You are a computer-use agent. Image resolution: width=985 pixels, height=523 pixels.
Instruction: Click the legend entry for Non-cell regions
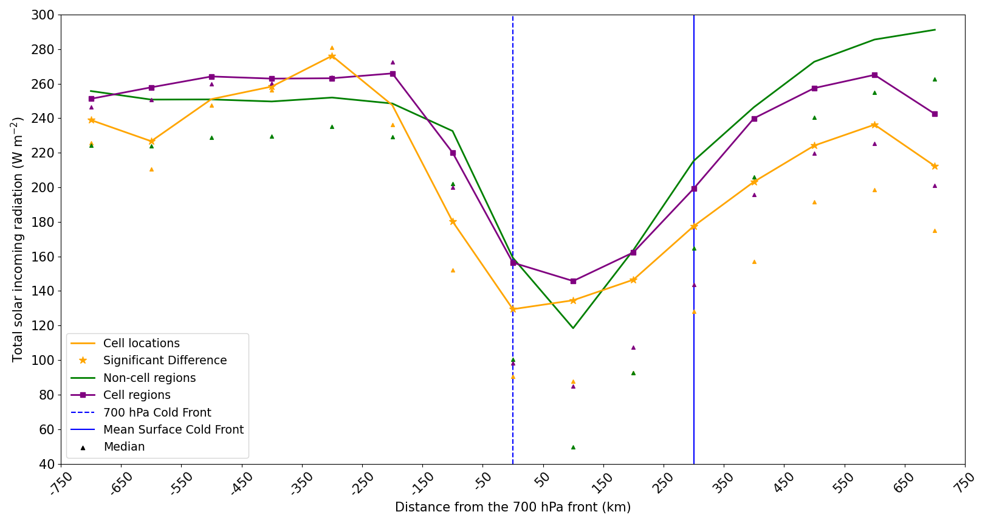(149, 378)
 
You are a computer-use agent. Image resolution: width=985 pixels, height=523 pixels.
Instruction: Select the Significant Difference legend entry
(165, 361)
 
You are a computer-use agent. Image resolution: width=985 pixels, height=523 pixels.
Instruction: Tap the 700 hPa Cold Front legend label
(157, 413)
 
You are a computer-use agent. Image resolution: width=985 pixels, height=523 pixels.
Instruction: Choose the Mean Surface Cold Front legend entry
(173, 430)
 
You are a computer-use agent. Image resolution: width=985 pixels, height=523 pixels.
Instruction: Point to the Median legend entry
(124, 447)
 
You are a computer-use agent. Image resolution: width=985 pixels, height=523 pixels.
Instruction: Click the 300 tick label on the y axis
(44, 15)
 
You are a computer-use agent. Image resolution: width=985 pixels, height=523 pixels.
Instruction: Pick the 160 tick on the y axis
(44, 257)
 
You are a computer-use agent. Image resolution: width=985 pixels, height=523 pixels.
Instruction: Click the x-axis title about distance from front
(513, 507)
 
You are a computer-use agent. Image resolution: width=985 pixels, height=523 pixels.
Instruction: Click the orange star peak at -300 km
(332, 57)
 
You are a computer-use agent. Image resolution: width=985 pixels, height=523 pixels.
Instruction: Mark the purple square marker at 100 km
(573, 281)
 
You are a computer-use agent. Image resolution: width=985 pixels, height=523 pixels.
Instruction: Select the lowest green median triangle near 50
(573, 447)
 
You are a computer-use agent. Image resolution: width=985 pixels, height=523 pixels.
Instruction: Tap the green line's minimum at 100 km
(573, 328)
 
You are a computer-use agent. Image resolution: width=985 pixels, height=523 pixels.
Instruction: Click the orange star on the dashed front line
(513, 309)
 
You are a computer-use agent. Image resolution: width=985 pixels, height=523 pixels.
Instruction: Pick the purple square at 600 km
(874, 75)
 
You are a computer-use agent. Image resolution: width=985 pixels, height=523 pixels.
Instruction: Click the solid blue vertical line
(694, 182)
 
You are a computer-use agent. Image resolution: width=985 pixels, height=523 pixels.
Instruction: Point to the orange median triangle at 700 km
(935, 230)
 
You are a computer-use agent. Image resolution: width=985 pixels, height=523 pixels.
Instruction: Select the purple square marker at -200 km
(393, 74)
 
